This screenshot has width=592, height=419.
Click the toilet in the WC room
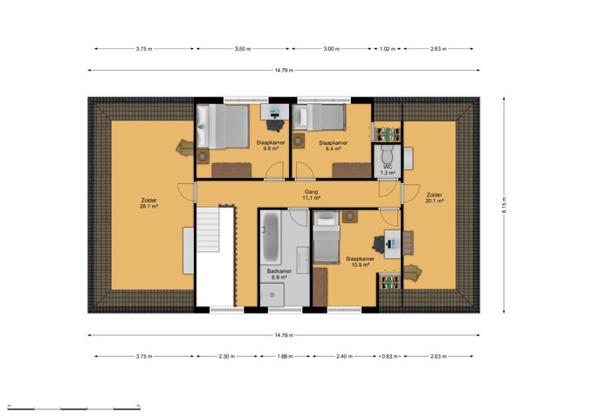click(388, 155)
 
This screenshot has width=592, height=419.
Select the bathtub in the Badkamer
click(271, 237)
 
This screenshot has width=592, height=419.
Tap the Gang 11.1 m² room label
click(312, 195)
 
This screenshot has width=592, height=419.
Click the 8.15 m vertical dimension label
click(504, 205)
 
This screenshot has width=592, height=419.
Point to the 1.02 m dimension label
click(388, 49)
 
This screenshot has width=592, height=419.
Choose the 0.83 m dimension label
click(390, 356)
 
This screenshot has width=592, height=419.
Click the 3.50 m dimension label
click(243, 49)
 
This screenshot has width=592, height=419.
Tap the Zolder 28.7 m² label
click(148, 203)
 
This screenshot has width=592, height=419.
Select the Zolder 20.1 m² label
click(434, 198)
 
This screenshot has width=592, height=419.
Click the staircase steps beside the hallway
click(207, 229)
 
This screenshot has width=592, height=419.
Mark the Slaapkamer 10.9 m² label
click(361, 262)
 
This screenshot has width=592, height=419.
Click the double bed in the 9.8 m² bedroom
click(223, 127)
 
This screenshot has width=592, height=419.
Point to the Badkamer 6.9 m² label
click(279, 274)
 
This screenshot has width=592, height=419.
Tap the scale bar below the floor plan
click(74, 408)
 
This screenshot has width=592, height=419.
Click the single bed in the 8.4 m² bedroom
click(319, 117)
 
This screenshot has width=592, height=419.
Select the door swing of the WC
click(388, 189)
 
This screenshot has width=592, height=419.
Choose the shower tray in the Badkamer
click(272, 295)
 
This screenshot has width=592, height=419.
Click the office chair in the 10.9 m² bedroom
click(379, 244)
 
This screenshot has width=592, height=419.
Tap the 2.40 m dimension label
click(345, 356)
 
